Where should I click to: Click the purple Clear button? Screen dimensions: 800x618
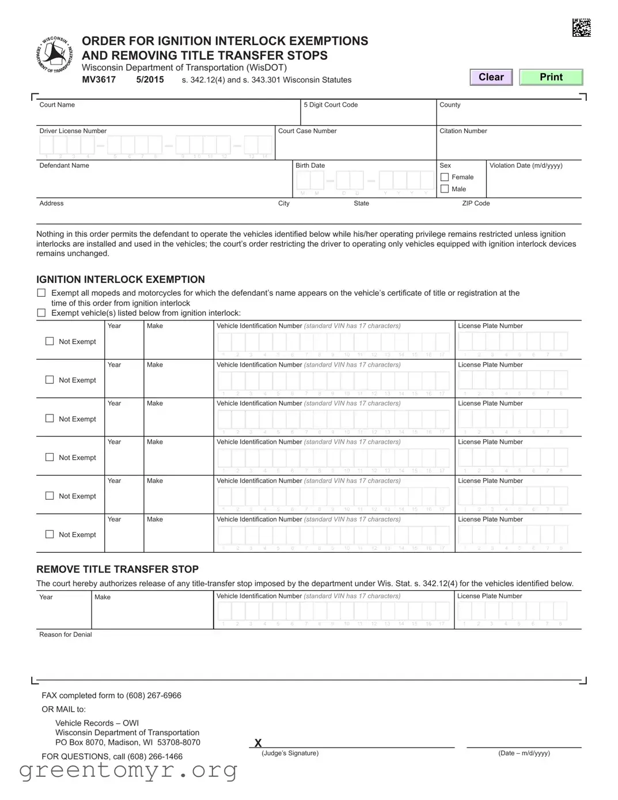click(491, 77)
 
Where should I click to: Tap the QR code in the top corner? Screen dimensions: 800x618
click(581, 28)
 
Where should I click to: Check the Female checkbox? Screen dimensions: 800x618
click(445, 177)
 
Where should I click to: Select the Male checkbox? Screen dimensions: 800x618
click(445, 189)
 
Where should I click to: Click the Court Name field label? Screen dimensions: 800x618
click(57, 105)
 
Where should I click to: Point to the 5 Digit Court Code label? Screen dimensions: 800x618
click(331, 105)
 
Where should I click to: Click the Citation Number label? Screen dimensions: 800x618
click(463, 131)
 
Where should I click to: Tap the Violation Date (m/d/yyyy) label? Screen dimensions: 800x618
click(525, 165)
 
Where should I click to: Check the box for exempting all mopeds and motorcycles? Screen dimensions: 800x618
click(41, 293)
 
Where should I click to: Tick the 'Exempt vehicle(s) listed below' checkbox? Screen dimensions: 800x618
click(41, 313)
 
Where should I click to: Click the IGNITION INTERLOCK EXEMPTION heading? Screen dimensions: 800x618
click(120, 280)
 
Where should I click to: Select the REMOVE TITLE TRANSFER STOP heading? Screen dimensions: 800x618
click(117, 569)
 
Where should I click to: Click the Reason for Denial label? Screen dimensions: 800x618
click(66, 635)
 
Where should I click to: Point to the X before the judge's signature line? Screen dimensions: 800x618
click(258, 743)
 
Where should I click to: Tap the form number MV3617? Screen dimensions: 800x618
click(98, 80)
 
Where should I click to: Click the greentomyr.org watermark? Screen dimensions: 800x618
click(128, 770)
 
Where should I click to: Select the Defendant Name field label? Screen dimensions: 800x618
click(64, 165)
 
